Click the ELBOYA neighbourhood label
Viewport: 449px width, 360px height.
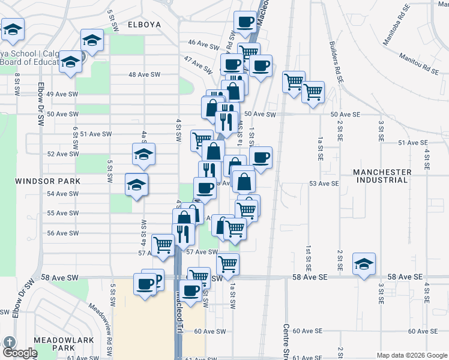(x=145, y=25)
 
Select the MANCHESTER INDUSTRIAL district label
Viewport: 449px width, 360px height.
(x=382, y=176)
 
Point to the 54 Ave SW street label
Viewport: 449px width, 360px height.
(x=62, y=194)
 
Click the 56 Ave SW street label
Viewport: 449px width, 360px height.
(x=62, y=233)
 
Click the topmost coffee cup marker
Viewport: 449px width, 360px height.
(x=244, y=23)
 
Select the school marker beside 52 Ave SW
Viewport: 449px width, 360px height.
(x=144, y=155)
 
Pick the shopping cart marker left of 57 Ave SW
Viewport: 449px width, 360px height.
(x=163, y=245)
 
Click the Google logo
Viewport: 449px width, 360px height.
(x=20, y=353)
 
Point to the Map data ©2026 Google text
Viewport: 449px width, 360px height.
(x=411, y=355)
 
